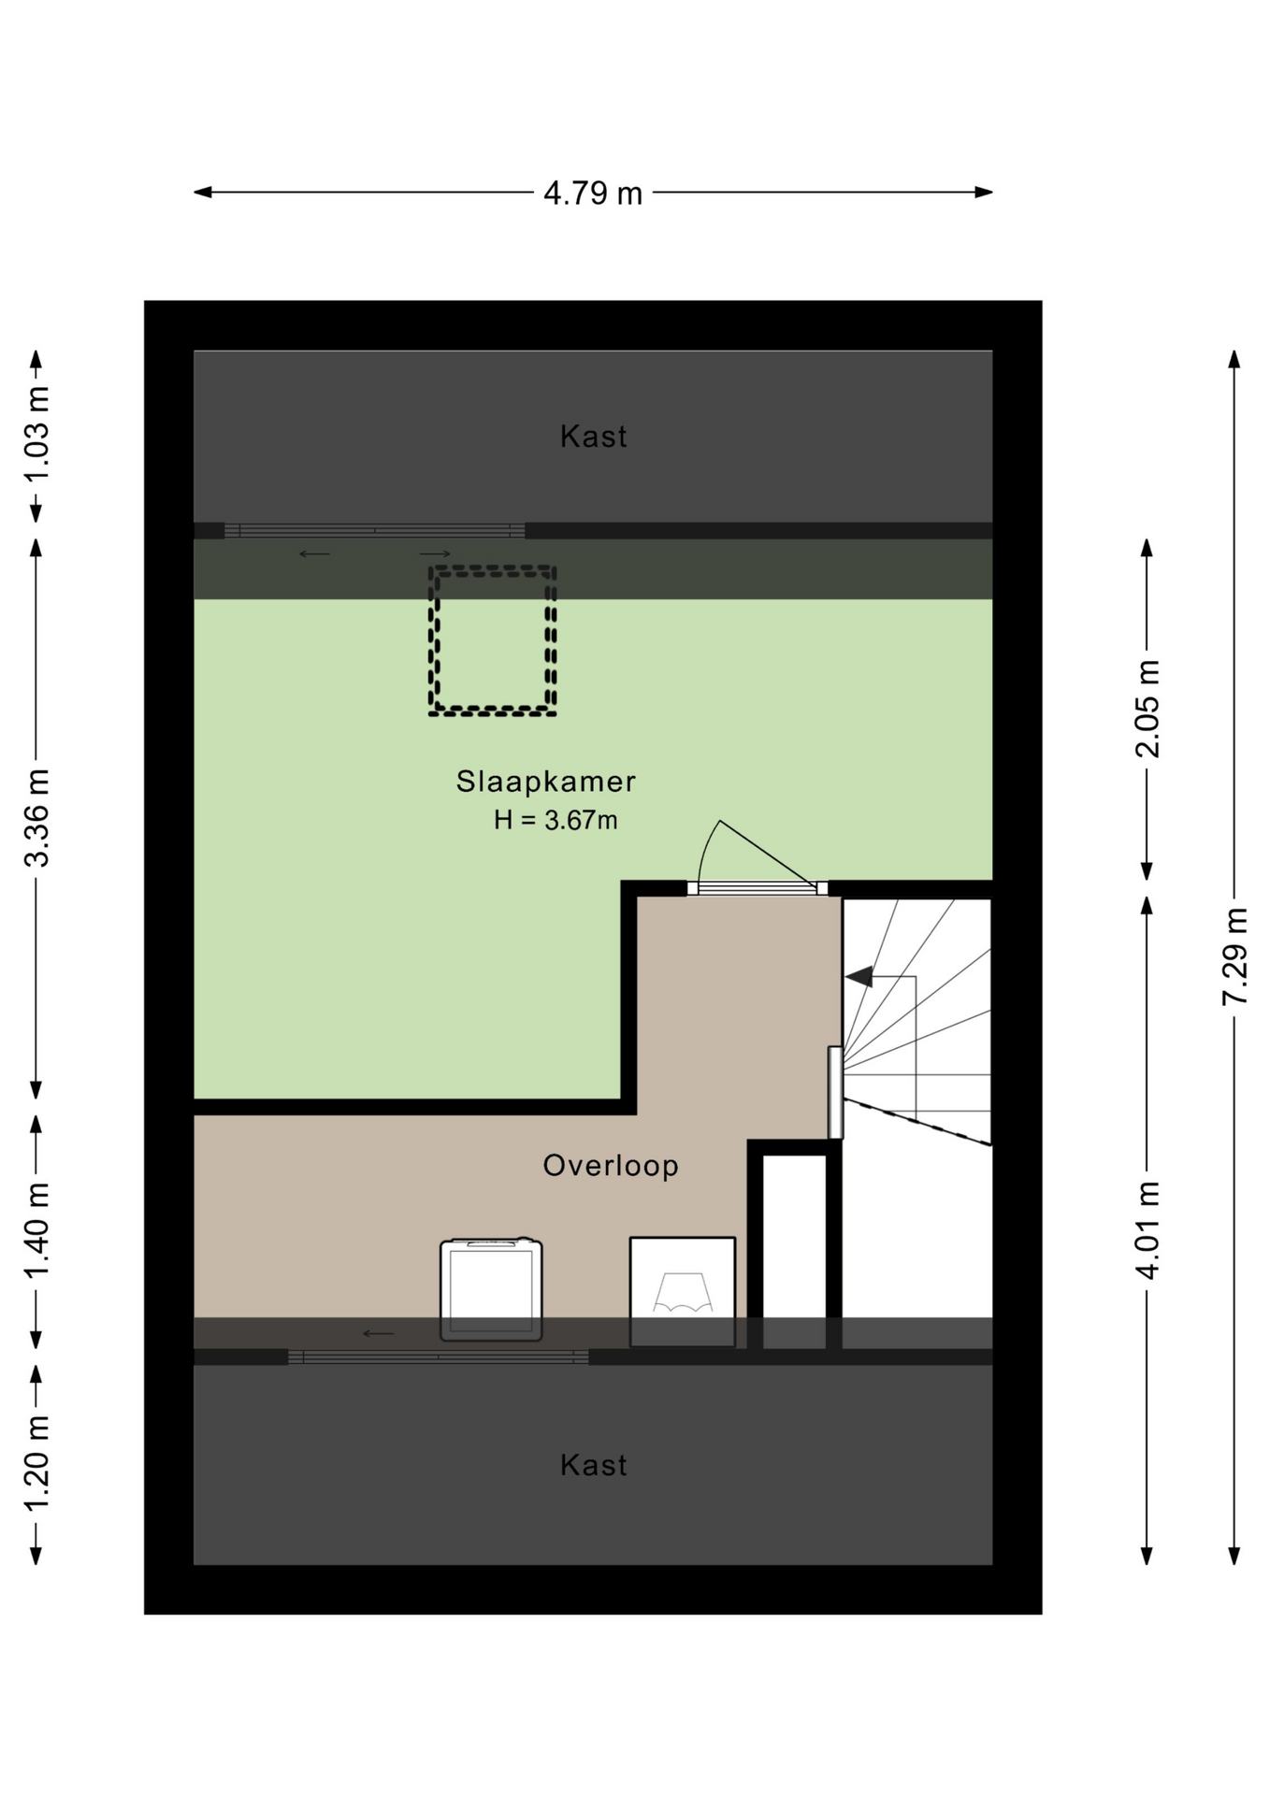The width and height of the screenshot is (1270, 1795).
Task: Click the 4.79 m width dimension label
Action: tap(593, 194)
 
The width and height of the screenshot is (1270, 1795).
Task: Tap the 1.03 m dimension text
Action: tap(36, 435)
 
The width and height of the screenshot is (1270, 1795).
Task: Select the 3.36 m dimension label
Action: tap(36, 818)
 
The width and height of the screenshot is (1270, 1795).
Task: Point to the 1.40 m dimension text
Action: tap(36, 1230)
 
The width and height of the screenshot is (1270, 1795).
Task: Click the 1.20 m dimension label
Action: tap(36, 1463)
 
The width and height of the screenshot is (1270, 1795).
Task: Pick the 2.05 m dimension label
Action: tap(1147, 709)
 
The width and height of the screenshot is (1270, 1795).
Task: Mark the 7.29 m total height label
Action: tap(1234, 956)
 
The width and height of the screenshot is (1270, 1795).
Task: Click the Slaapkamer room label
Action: tap(546, 782)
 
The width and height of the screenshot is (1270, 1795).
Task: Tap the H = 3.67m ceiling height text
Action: tap(556, 820)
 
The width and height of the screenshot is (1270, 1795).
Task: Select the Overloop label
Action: tap(611, 1166)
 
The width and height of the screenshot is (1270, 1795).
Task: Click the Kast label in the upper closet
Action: tap(593, 437)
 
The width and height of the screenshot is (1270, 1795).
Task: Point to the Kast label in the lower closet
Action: tap(593, 1465)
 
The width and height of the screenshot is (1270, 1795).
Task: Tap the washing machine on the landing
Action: tap(491, 1290)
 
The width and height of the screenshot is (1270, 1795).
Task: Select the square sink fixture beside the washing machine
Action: tap(683, 1292)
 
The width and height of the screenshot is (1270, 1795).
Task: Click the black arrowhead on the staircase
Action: tap(859, 977)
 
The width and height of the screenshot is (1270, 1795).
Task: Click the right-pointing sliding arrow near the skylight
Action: tap(436, 553)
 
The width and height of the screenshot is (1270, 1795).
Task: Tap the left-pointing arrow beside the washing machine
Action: tap(379, 1333)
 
